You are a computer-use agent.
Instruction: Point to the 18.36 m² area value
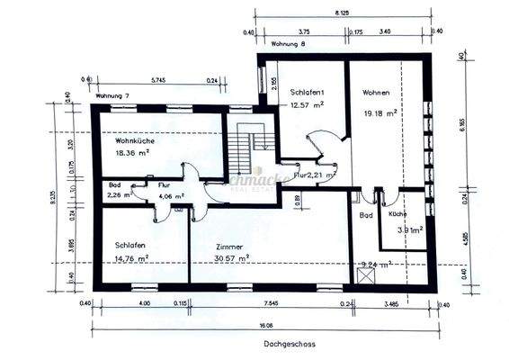pos(131,153)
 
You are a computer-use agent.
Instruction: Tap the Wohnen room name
pos(376,92)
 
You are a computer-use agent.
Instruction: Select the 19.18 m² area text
pos(379,114)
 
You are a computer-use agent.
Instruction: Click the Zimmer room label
pos(230,245)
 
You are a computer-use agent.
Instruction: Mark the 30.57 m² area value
pos(231,257)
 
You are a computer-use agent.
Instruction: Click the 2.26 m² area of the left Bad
pos(120,193)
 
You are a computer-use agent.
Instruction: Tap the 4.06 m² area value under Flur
pos(171,194)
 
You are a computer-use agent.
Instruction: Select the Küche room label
pos(398,216)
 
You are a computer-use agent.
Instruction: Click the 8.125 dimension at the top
pos(342,14)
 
